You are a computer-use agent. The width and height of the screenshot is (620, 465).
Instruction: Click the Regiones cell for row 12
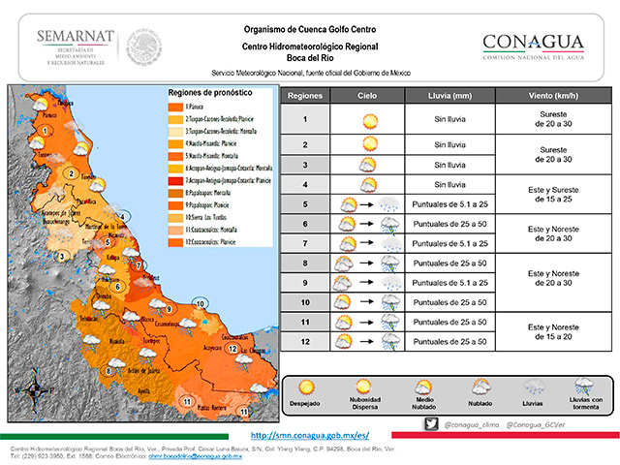304,342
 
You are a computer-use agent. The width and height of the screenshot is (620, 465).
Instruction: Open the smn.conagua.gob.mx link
309,436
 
